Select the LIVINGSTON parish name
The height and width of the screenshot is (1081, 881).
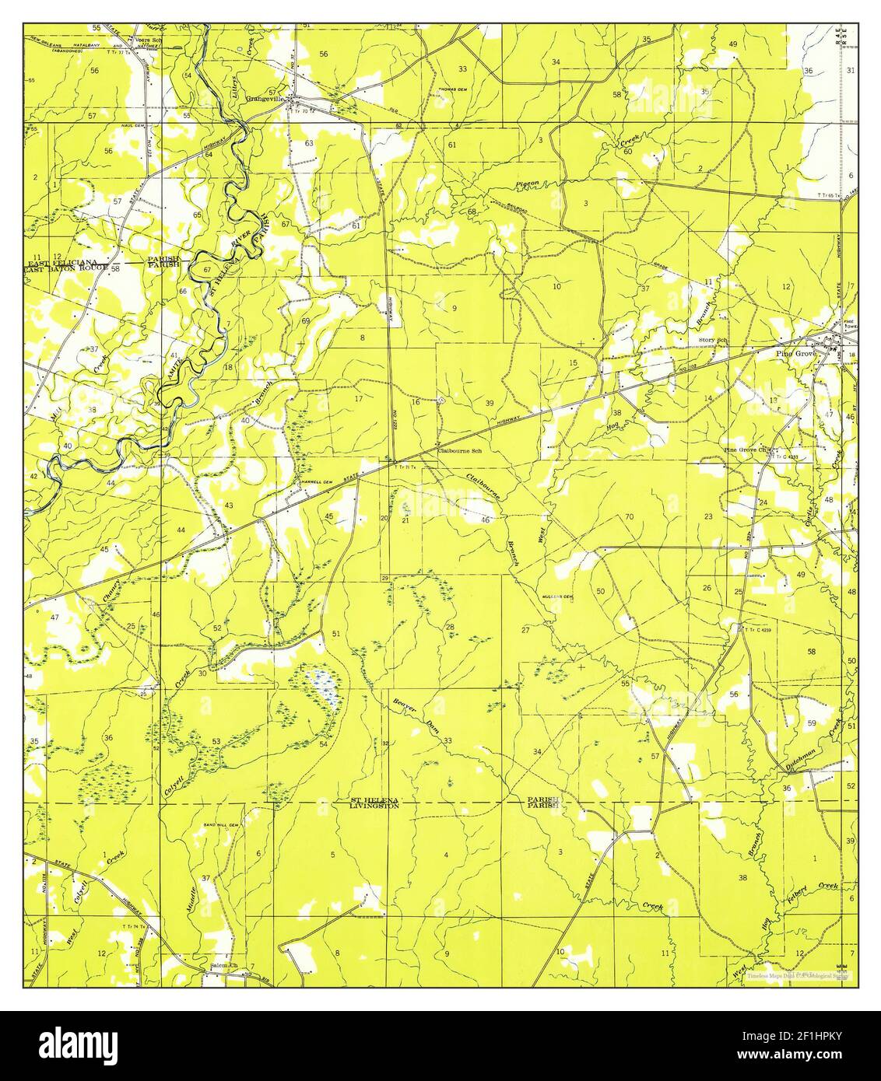[374, 806]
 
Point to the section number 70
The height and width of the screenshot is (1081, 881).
[629, 516]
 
